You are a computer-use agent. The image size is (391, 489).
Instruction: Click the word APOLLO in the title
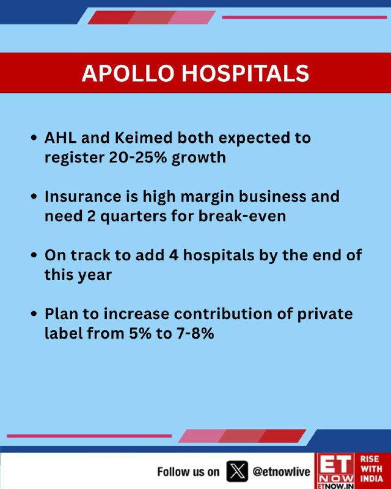tap(128, 73)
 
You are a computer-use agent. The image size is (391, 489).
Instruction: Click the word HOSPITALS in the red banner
tap(246, 73)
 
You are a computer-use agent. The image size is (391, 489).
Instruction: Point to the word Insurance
tap(91, 196)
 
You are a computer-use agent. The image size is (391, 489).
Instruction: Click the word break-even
tap(242, 216)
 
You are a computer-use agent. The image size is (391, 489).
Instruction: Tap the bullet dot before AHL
tap(34, 138)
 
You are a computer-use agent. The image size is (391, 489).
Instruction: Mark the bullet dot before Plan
tap(34, 314)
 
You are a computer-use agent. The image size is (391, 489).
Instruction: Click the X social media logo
tap(237, 471)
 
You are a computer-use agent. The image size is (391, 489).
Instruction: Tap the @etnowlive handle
tap(281, 471)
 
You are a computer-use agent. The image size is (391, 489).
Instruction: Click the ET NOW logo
tap(335, 471)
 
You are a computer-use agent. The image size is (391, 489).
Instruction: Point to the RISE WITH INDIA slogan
tap(371, 468)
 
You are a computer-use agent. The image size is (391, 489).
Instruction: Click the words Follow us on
tap(188, 472)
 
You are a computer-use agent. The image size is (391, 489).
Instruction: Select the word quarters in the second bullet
tap(133, 216)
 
